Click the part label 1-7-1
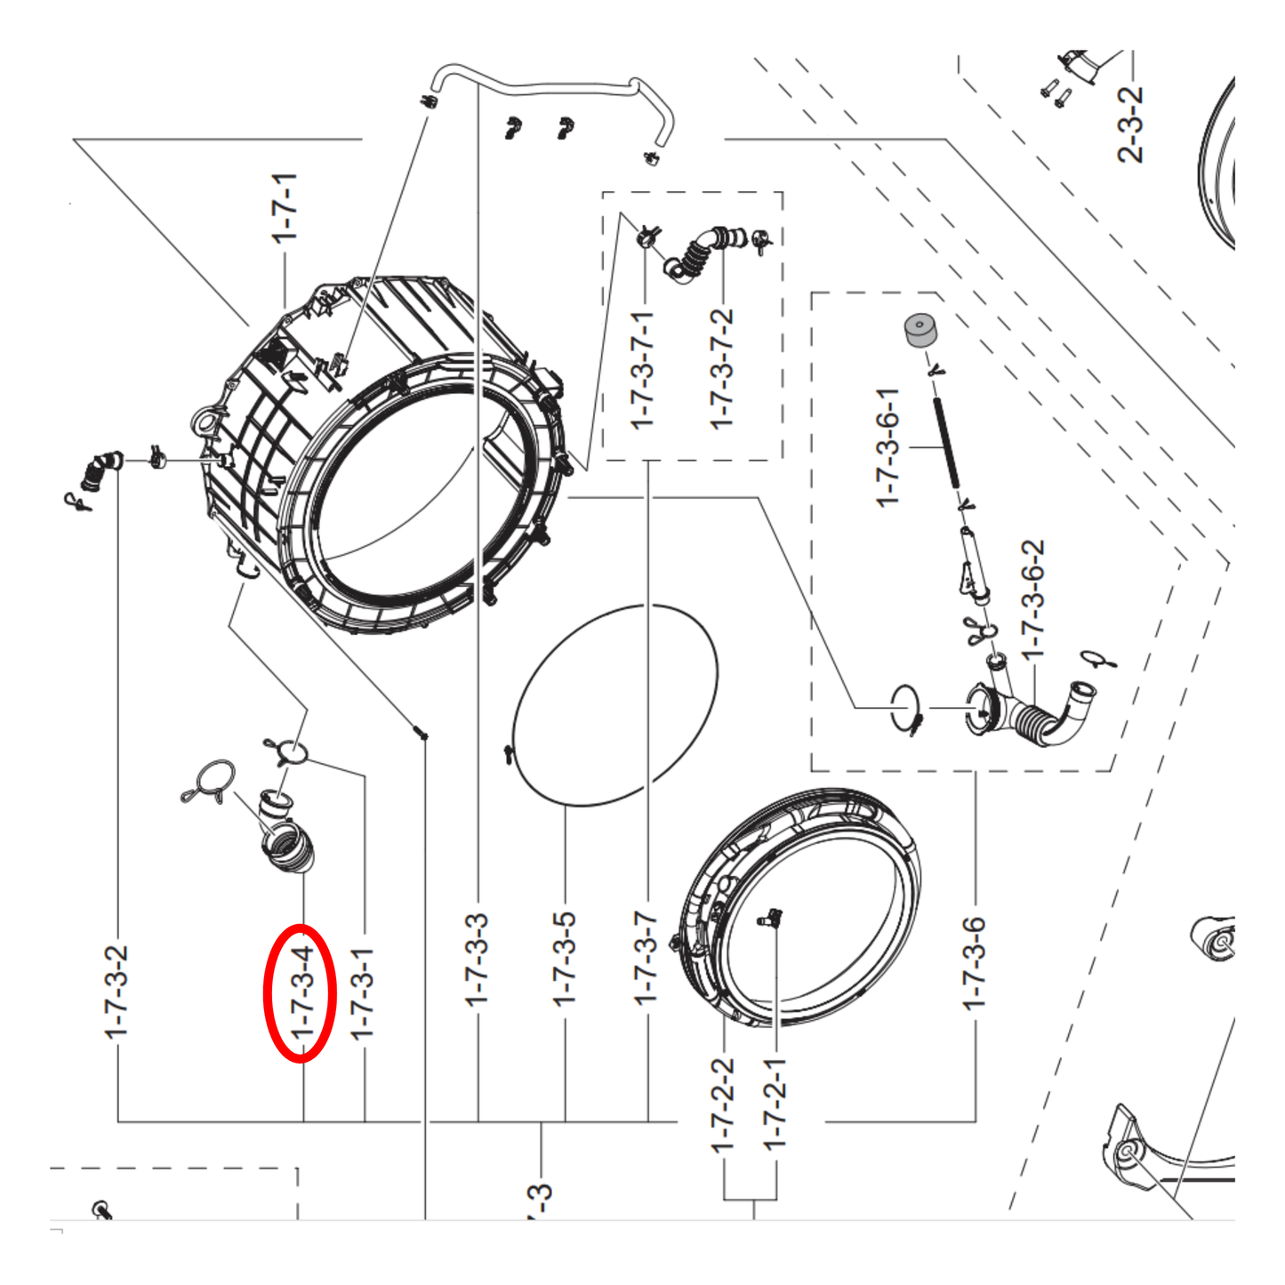285,209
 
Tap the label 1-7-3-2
116,992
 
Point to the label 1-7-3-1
364,993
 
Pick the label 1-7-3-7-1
644,370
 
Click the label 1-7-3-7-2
722,369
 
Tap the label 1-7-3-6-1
887,448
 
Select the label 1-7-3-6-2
1033,600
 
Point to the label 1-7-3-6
974,963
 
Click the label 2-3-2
1131,124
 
